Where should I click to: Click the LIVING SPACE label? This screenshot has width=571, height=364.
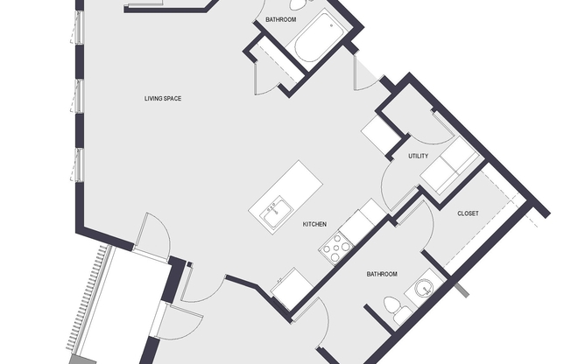tap(163, 99)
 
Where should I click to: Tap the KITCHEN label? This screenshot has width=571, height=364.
tap(314, 224)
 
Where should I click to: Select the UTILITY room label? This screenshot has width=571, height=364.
tap(418, 156)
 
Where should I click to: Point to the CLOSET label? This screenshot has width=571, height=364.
tap(468, 213)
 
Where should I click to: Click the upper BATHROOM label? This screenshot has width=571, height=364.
tap(281, 19)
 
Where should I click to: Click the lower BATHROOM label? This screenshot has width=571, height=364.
tap(382, 274)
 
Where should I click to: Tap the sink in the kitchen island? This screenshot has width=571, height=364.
tap(276, 213)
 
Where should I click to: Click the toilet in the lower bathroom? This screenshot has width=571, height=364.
tap(397, 310)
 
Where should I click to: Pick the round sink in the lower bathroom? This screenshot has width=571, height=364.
tap(424, 288)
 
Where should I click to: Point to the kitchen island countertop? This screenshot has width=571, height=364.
tap(285, 197)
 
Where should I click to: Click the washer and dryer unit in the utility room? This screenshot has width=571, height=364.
tap(450, 165)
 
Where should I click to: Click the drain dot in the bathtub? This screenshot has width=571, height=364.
tap(331, 26)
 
